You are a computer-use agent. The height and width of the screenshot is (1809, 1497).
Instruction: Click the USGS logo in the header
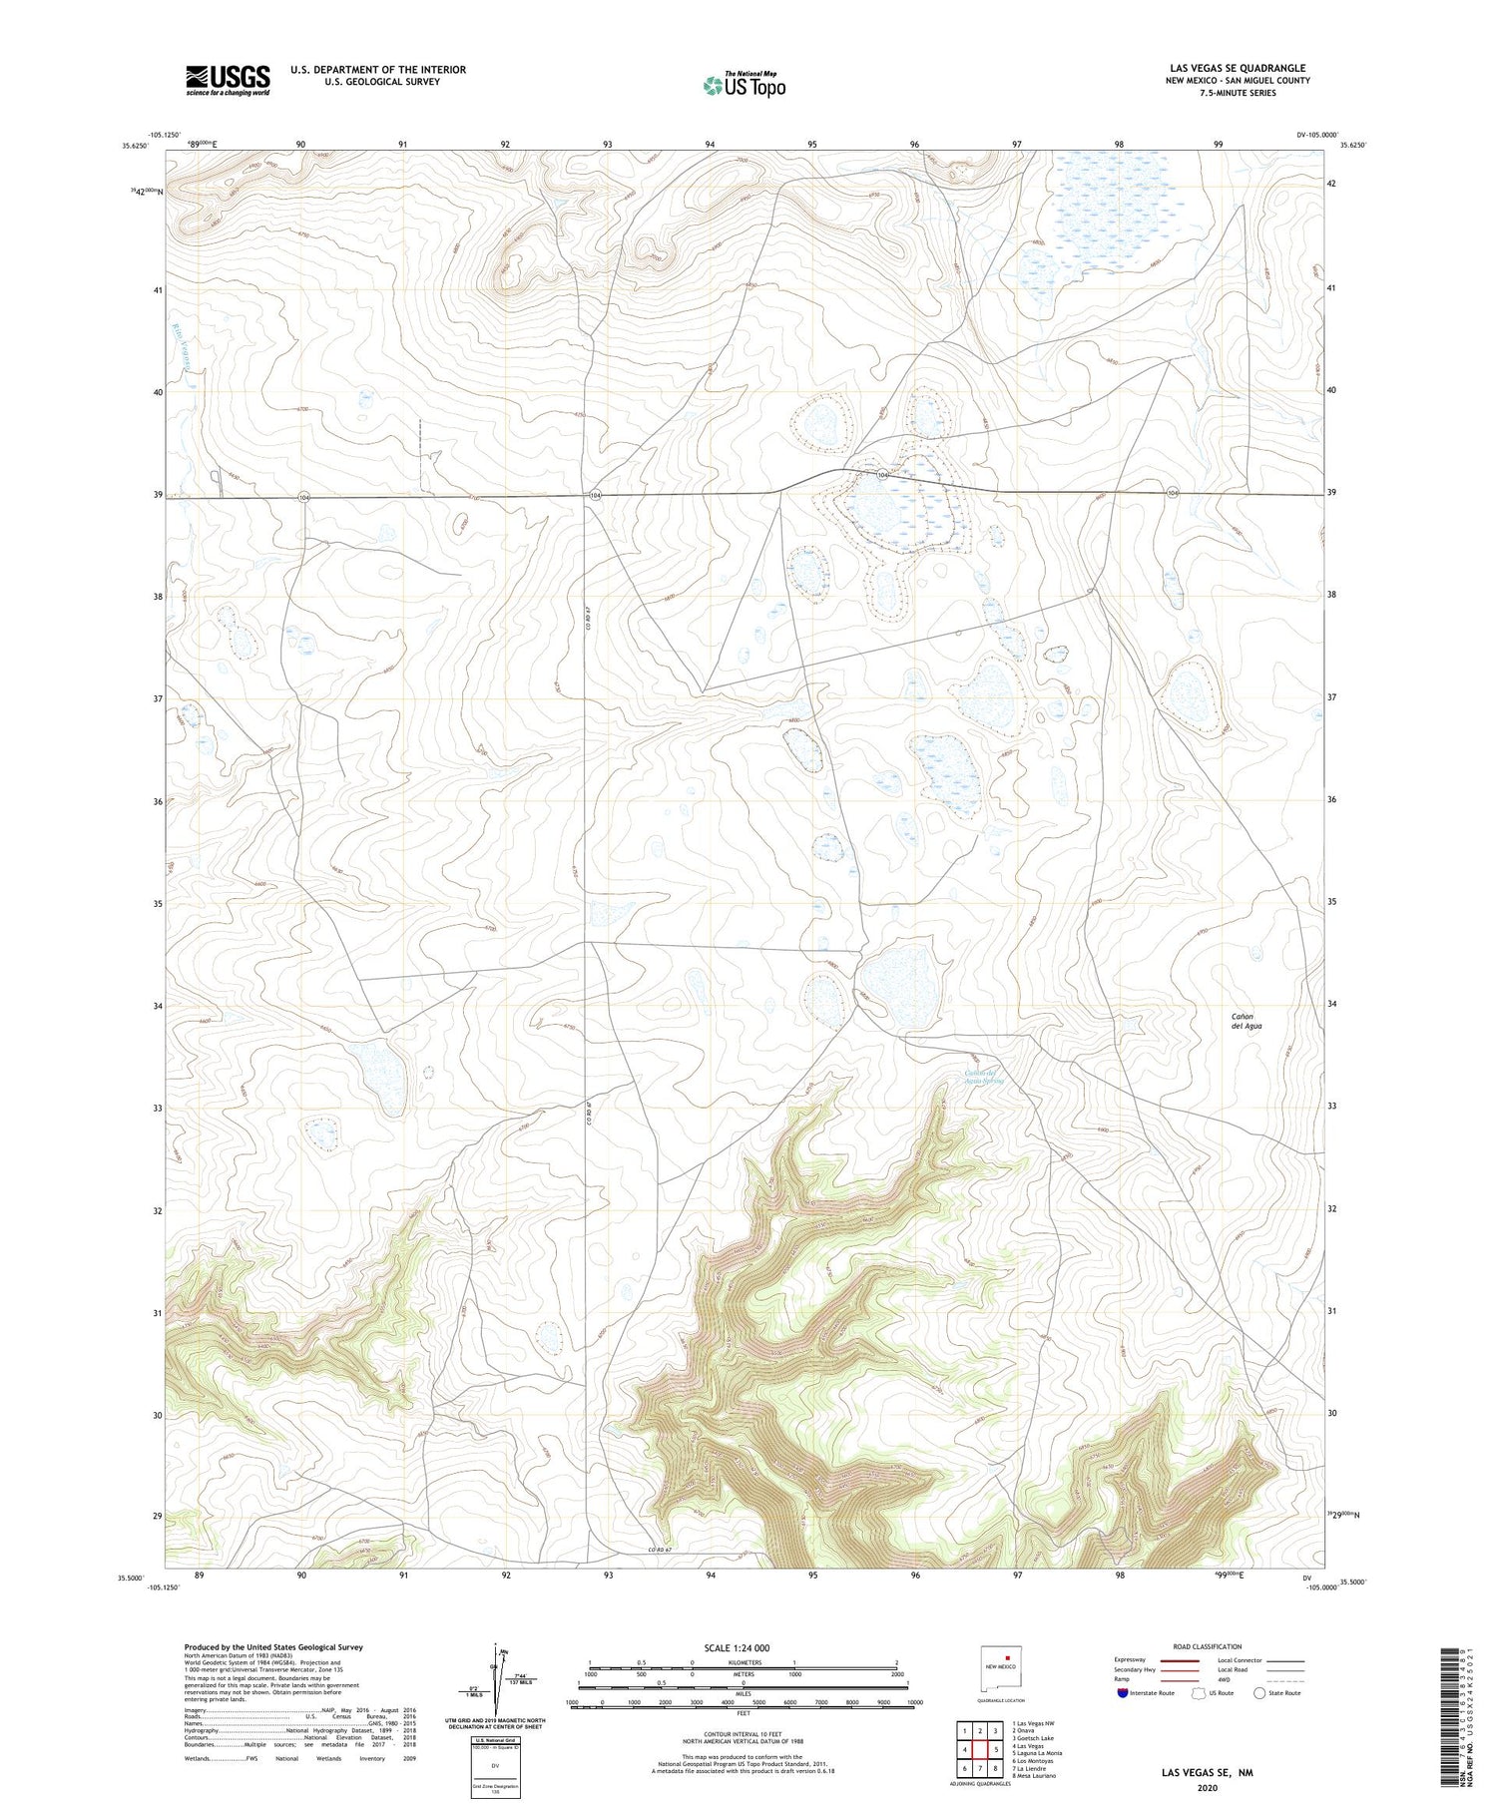[228, 80]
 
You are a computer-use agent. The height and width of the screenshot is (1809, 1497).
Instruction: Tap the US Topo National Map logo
[745, 85]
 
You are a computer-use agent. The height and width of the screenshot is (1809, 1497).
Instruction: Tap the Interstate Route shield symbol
[1123, 1693]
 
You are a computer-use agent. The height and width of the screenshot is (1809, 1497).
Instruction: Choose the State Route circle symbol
[1259, 1693]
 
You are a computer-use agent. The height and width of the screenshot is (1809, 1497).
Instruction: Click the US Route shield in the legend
[1199, 1693]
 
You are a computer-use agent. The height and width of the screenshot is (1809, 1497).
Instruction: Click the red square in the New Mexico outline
[1008, 1661]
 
